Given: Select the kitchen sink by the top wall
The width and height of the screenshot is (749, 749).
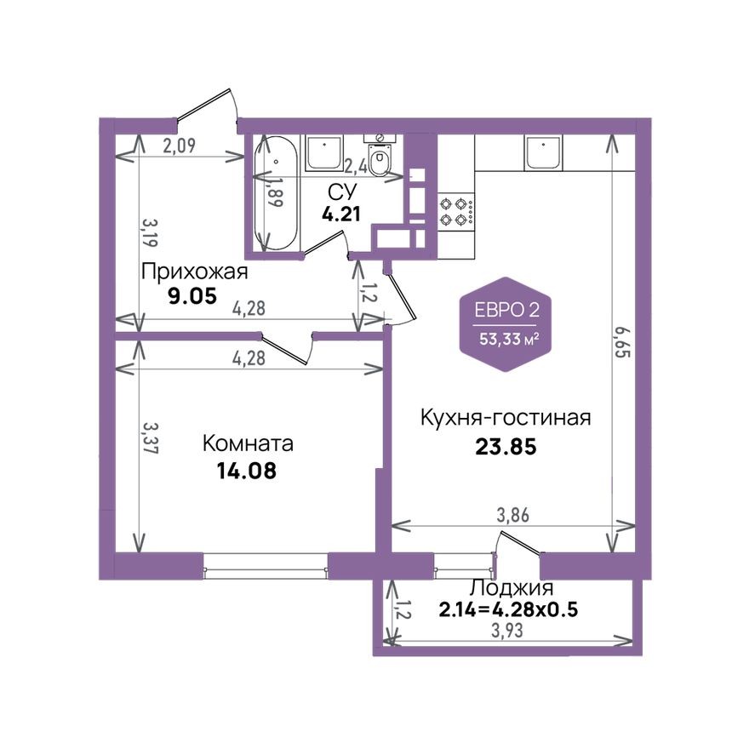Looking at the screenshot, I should click(543, 153).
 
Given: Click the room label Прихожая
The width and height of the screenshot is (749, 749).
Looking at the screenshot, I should click(194, 272).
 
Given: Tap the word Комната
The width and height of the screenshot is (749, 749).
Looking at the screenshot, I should click(248, 443).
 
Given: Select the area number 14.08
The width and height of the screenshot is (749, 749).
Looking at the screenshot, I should click(247, 470).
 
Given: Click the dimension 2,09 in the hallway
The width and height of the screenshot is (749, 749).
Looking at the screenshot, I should click(180, 146).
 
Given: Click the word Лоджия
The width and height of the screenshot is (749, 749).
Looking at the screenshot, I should click(512, 588).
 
